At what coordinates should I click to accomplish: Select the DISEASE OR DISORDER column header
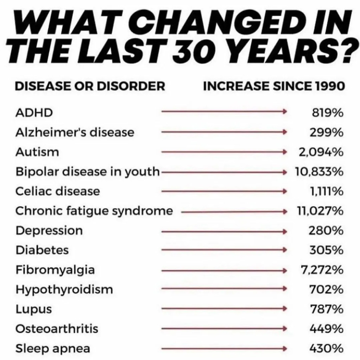(x=90, y=86)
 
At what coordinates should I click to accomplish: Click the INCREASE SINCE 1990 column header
(x=274, y=86)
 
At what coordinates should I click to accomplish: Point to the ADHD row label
(x=34, y=113)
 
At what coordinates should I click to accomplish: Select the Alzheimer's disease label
(x=75, y=133)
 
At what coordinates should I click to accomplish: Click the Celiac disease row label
(x=58, y=192)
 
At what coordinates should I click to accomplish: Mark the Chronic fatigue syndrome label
(x=94, y=211)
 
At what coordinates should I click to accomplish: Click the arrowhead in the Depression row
(x=285, y=231)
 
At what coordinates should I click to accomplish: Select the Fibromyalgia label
(x=55, y=270)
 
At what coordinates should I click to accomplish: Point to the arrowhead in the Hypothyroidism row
(x=285, y=290)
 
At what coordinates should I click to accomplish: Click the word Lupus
(x=34, y=309)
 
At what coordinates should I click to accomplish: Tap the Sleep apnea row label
(x=53, y=349)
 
